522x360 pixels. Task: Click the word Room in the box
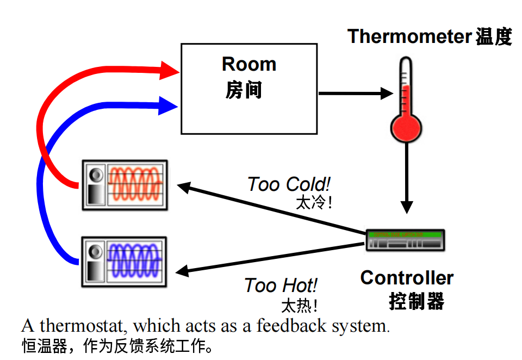point(249,64)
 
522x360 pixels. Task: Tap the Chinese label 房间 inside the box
point(244,90)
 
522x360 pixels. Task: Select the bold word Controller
point(407,278)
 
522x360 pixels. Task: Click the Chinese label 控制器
point(417,301)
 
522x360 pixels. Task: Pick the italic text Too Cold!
point(289,185)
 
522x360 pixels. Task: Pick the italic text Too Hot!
point(281,285)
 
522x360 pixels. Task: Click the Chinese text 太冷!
point(313,203)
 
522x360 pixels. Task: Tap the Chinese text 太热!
point(299,305)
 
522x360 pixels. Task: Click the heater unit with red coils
point(125,185)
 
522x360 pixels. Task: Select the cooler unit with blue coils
point(125,261)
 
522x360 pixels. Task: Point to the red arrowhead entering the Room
point(170,70)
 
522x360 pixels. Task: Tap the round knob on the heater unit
point(96,175)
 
